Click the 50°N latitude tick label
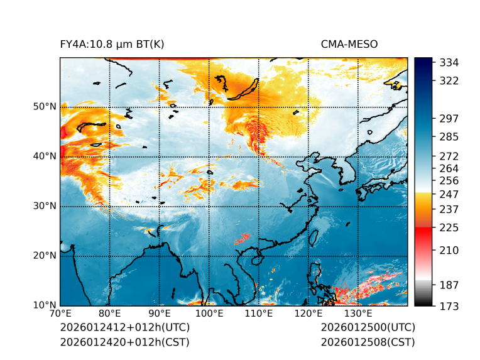coord(45,107)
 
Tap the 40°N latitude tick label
coord(45,156)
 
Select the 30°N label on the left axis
coord(45,206)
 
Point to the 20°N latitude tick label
coord(45,256)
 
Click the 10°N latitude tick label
coord(45,305)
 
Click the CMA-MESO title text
coord(349,45)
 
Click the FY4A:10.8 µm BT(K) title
coord(112,45)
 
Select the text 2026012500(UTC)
coord(368,328)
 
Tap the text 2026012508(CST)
coord(368,342)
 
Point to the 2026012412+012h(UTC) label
coord(124,328)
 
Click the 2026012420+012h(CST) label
coord(124,342)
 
